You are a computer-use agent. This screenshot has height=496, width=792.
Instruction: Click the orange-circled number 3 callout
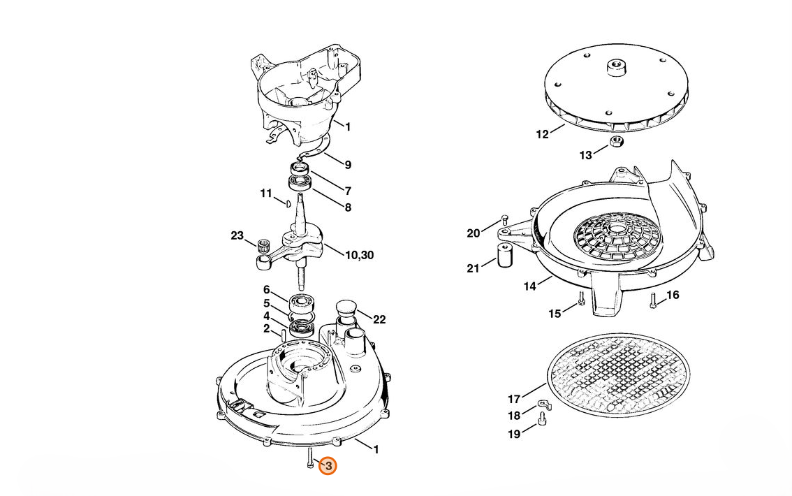pos(328,465)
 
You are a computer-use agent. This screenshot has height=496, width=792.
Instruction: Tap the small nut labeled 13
pos(616,143)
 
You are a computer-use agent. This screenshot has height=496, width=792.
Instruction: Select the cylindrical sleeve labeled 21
pos(505,256)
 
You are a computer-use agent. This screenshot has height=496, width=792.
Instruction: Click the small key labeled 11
pos(286,203)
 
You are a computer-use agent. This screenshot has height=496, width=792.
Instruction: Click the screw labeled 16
pos(653,302)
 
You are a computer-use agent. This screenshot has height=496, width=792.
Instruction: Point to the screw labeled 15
pos(581,302)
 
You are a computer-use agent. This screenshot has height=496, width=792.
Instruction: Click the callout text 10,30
pos(359,256)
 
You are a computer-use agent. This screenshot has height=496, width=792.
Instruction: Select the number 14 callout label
pos(529,286)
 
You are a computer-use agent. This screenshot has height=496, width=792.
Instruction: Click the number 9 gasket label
pos(347,166)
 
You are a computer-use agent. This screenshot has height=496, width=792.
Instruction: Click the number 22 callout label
pos(379,320)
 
